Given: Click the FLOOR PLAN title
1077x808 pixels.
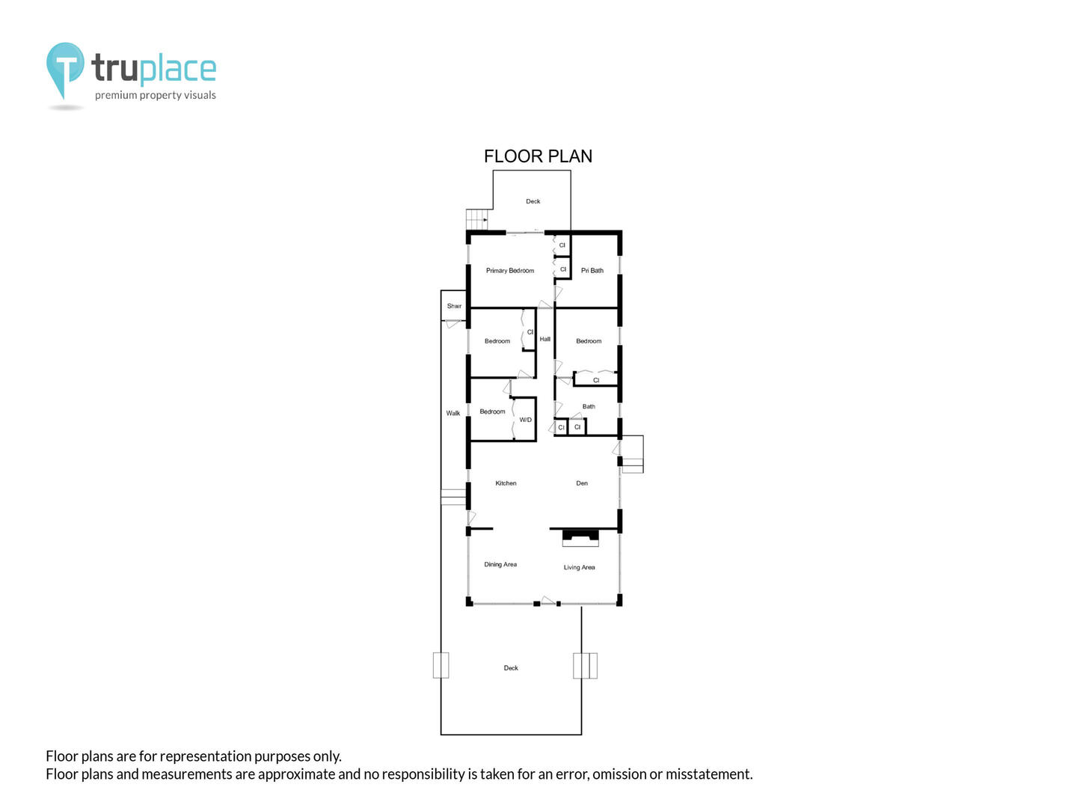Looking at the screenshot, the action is tap(538, 156).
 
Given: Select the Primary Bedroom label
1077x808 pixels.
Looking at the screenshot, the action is tap(510, 270).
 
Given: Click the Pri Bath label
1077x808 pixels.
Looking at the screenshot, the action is tap(592, 270).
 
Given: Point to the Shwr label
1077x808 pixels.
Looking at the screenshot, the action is tap(454, 306).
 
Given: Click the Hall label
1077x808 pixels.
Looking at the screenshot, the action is tap(544, 339).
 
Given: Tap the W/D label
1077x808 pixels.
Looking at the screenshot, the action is tap(525, 420).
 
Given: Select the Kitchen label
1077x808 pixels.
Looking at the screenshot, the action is tap(506, 483).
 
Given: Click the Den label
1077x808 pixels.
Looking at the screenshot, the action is tap(581, 483).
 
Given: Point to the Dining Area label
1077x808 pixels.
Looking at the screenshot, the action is tap(500, 564).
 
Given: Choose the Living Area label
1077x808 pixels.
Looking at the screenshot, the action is tap(579, 567).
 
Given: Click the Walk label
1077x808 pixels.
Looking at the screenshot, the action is tap(453, 413).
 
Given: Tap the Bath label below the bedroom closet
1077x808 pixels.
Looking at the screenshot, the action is tap(589, 406).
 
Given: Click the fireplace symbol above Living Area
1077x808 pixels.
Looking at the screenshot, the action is tap(580, 538).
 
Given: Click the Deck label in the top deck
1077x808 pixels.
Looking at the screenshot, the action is tap(533, 201).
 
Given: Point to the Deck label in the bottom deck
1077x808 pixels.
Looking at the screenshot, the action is tap(511, 667).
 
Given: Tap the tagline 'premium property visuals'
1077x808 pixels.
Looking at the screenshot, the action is tap(155, 95).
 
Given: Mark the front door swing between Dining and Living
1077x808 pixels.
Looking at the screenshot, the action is tap(548, 600).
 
